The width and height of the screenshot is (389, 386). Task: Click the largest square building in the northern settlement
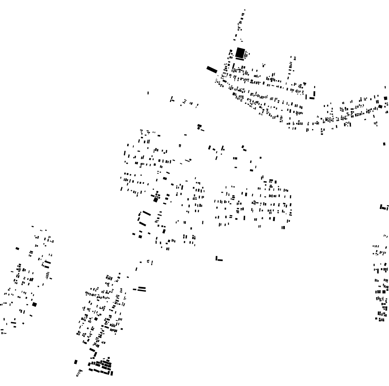click(240, 53)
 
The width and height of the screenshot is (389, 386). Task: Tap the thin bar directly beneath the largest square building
click(239, 59)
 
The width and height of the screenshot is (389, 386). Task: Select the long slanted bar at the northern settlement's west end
click(212, 70)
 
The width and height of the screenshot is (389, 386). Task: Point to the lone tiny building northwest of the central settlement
click(148, 93)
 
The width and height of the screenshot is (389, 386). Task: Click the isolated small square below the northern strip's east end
click(384, 144)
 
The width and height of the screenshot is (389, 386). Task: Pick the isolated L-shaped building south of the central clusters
click(218, 259)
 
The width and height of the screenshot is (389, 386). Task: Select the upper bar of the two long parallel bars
click(142, 287)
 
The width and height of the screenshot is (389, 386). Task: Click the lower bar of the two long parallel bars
click(142, 290)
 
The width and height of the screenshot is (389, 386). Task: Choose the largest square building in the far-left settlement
click(34, 305)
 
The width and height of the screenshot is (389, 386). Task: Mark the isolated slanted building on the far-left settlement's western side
click(17, 249)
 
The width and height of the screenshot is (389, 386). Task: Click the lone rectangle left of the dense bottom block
click(76, 362)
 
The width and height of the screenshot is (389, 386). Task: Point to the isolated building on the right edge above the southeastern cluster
click(383, 207)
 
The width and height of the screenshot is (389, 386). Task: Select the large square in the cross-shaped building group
click(156, 200)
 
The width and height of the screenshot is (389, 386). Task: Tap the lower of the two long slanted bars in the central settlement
click(143, 224)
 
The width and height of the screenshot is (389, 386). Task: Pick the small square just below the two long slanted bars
click(140, 237)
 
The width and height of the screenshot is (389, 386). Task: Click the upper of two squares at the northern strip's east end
click(385, 98)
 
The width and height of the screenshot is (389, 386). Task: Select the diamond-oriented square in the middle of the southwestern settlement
click(96, 319)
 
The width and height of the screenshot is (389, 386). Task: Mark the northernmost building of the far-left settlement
click(32, 226)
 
